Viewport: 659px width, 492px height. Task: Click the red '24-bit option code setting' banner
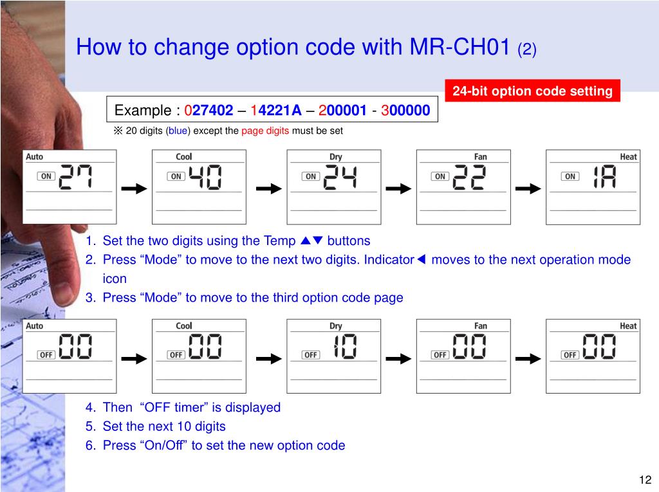532,91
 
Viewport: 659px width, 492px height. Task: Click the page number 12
645,479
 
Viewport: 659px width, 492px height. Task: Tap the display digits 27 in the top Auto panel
76,176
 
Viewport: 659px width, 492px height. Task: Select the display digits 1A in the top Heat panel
604,176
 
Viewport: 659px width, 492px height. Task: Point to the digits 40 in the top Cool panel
205,177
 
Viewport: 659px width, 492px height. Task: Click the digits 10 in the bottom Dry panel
345,346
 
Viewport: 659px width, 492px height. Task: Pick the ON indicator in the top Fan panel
440,176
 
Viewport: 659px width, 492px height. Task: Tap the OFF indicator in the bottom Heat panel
570,355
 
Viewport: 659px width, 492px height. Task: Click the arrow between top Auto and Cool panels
134,188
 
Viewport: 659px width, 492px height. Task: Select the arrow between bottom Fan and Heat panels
528,358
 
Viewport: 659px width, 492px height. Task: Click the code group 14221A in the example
275,110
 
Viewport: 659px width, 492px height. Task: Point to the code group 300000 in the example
405,110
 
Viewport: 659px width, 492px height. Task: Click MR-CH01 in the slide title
459,47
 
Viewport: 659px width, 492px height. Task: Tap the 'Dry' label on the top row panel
335,157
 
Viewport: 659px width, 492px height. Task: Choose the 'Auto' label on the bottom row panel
35,325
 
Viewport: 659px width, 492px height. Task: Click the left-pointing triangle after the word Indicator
421,259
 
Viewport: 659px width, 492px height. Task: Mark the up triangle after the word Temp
306,241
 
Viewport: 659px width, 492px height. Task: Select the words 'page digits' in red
265,131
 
